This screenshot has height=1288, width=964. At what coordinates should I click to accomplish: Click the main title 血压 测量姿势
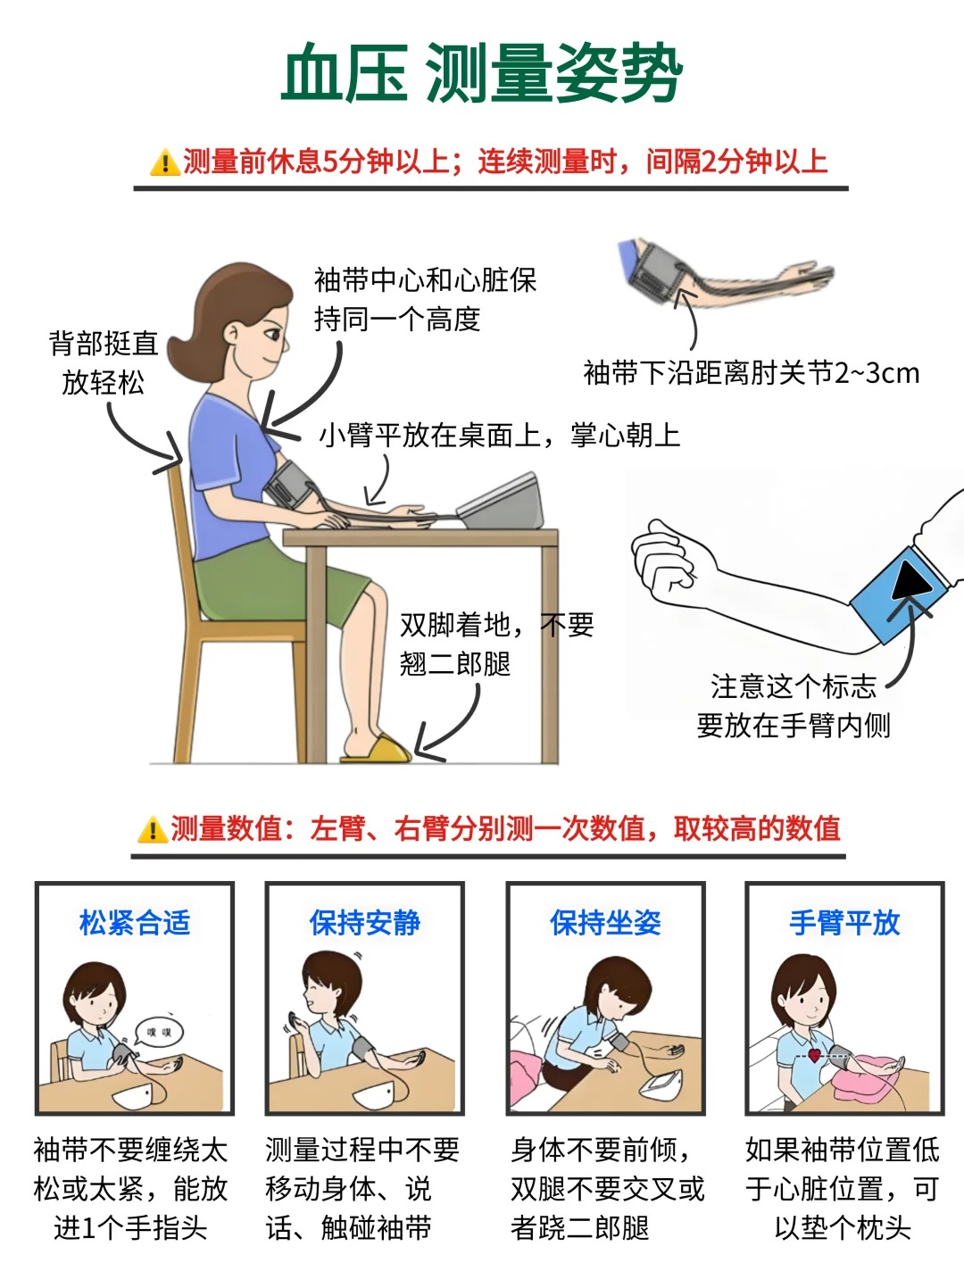(482, 74)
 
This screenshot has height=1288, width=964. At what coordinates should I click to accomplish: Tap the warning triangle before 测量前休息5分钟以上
(165, 162)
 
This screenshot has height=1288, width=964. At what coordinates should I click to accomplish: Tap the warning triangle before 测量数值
(152, 829)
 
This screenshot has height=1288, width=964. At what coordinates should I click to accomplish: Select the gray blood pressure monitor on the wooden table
(501, 502)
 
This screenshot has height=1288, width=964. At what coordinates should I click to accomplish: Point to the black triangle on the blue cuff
(911, 580)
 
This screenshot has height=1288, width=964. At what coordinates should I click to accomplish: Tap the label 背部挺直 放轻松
(104, 363)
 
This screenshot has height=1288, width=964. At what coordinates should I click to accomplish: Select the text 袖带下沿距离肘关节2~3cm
(751, 373)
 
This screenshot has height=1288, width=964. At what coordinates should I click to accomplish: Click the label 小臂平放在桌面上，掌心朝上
(500, 436)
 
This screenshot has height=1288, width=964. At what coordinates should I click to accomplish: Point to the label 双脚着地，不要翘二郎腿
(497, 644)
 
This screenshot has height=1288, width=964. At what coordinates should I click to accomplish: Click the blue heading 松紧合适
(135, 922)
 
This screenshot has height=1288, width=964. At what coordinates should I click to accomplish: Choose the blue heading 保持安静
(365, 922)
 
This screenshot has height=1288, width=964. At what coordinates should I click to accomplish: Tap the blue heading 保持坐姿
(605, 922)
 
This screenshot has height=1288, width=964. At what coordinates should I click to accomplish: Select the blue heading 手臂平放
(845, 922)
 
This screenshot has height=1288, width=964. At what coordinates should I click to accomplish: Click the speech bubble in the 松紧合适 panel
(158, 1032)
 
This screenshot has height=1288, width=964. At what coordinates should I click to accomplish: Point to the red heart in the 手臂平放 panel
(814, 1055)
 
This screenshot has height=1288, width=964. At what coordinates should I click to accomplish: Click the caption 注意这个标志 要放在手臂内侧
(794, 706)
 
